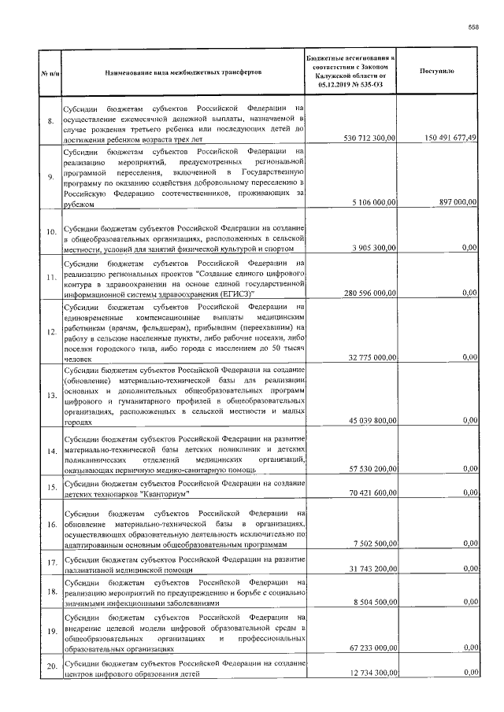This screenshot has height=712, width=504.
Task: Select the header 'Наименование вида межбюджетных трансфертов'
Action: coord(183,72)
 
